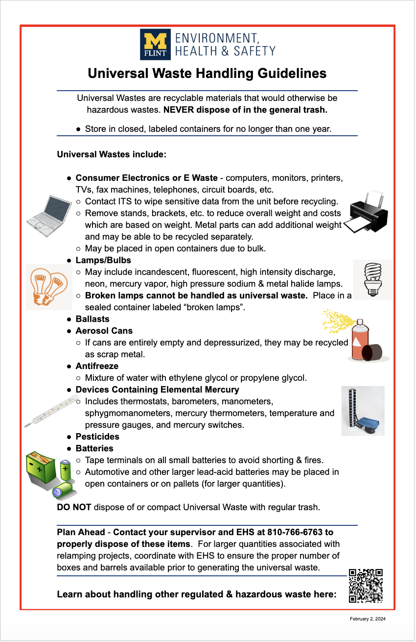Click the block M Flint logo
click(155, 44)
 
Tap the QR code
click(366, 585)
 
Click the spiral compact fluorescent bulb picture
click(372, 279)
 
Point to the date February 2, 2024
click(368, 619)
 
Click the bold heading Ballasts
click(92, 319)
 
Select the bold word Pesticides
click(97, 437)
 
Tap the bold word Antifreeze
click(97, 366)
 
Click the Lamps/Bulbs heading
click(103, 260)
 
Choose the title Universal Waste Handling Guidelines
click(207, 74)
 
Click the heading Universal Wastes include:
click(112, 154)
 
